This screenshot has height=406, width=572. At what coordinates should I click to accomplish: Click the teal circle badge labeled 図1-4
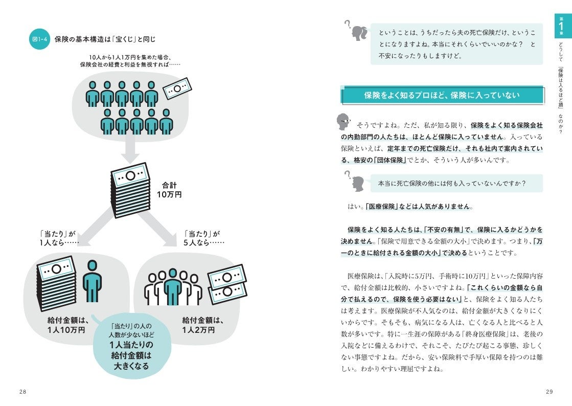[x=39, y=39]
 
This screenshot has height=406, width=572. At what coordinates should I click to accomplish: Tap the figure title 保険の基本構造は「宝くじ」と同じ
[x=105, y=39]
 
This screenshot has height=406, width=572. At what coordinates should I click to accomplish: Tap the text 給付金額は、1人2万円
[x=203, y=325]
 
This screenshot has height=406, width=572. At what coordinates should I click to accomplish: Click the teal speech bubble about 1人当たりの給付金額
[x=131, y=345]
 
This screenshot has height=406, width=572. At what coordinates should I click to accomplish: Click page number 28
[x=23, y=391]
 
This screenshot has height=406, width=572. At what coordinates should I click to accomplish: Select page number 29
[x=550, y=391]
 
